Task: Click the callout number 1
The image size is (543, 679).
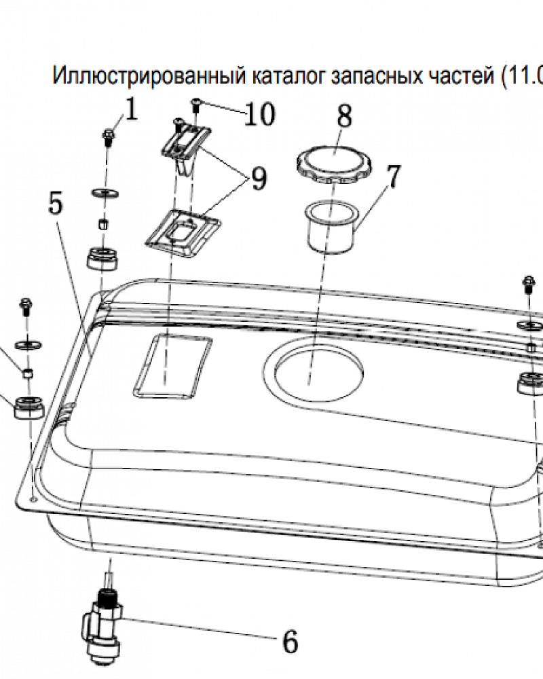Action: tap(131, 109)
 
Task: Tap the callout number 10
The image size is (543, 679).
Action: tap(260, 114)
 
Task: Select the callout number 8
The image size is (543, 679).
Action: tap(345, 116)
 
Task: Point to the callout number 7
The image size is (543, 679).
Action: tap(393, 177)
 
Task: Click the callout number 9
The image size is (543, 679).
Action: tap(259, 179)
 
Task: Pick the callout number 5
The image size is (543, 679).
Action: tap(56, 202)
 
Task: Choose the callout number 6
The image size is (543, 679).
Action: tap(291, 642)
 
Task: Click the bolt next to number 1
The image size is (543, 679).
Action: tap(108, 138)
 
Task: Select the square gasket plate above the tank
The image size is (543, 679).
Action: tap(183, 234)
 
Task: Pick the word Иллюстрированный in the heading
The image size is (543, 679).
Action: tap(149, 76)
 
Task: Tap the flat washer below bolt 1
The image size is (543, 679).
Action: tap(105, 192)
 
